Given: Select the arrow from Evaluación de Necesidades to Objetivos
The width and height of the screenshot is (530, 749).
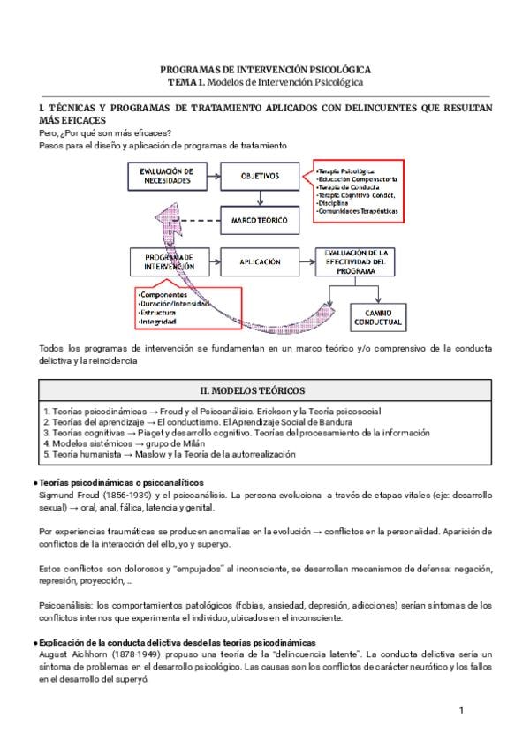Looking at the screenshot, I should click(x=212, y=176).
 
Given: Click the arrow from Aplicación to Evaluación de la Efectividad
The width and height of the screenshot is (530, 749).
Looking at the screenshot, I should click(x=306, y=261).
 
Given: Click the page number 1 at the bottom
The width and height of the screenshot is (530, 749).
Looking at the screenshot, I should click(x=461, y=711).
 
